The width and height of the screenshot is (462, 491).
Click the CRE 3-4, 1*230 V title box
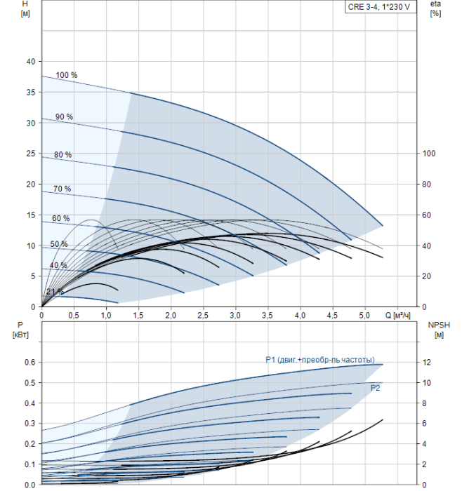pos(381,7)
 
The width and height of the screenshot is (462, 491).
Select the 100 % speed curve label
pos(67,75)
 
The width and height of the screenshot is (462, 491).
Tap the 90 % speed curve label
pos(65,117)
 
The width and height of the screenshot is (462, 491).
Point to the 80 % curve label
pos(62,155)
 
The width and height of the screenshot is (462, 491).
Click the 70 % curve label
pos(62,189)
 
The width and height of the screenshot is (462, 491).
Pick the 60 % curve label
pos(61,218)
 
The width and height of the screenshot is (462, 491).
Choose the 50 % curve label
pos(59,244)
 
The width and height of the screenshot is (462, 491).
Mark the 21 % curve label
pos(55,292)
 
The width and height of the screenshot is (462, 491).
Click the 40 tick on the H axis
pos(31,62)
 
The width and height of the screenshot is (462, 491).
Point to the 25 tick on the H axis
pos(31,154)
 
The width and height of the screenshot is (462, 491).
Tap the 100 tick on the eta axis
pos(429,154)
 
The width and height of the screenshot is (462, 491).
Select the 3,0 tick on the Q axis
pos(235,316)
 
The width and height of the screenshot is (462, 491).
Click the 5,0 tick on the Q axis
pos(364,316)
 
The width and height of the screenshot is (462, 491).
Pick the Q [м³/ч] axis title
pos(397,316)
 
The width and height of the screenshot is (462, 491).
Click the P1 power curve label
pos(320,360)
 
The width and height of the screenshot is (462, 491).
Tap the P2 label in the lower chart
pos(375,388)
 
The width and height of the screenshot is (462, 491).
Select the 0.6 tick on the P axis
pos(30,363)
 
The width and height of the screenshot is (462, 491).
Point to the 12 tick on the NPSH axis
pos(426,363)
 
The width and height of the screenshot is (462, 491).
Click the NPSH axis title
pos(439,330)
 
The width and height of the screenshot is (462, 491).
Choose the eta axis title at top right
pos(436,8)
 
